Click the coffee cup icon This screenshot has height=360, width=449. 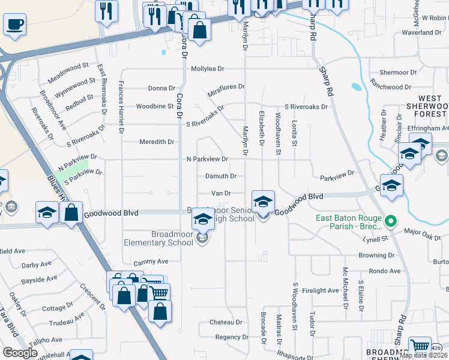14,25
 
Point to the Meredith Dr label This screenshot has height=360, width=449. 157,142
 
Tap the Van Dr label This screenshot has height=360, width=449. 221,193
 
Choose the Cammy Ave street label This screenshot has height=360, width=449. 150,262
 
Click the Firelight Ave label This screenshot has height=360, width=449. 321,290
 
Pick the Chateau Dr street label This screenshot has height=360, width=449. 225,322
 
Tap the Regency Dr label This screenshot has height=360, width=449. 228,337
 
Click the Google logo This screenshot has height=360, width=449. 20,353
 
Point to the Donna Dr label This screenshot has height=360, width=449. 161,88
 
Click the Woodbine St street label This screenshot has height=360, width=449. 154,106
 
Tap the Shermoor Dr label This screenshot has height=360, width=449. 399,72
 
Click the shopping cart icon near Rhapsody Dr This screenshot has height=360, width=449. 420,347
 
